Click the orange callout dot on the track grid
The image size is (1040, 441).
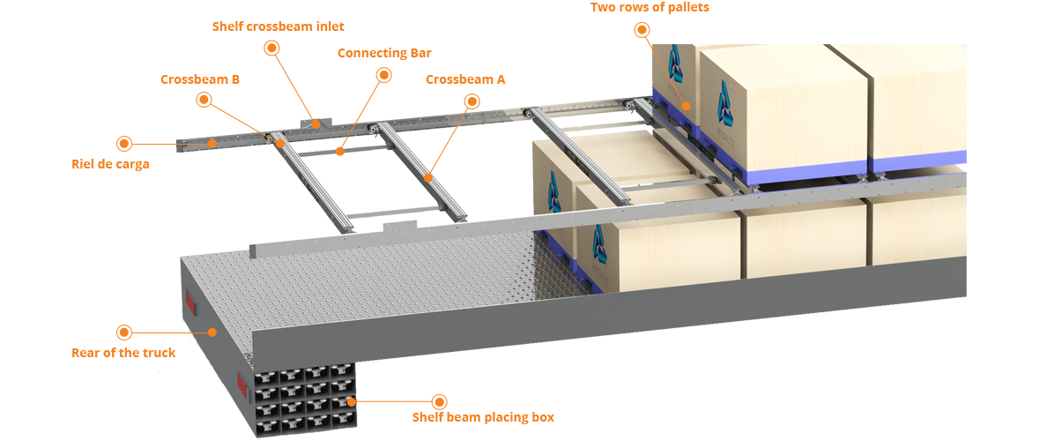[x=351, y=402]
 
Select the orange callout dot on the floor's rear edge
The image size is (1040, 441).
[x=212, y=333]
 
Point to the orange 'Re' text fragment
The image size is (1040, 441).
[x=78, y=353]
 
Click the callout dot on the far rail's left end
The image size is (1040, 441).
[x=212, y=142]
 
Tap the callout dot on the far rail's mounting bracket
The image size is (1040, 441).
[x=316, y=124]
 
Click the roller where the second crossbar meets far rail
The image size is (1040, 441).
[x=380, y=129]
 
